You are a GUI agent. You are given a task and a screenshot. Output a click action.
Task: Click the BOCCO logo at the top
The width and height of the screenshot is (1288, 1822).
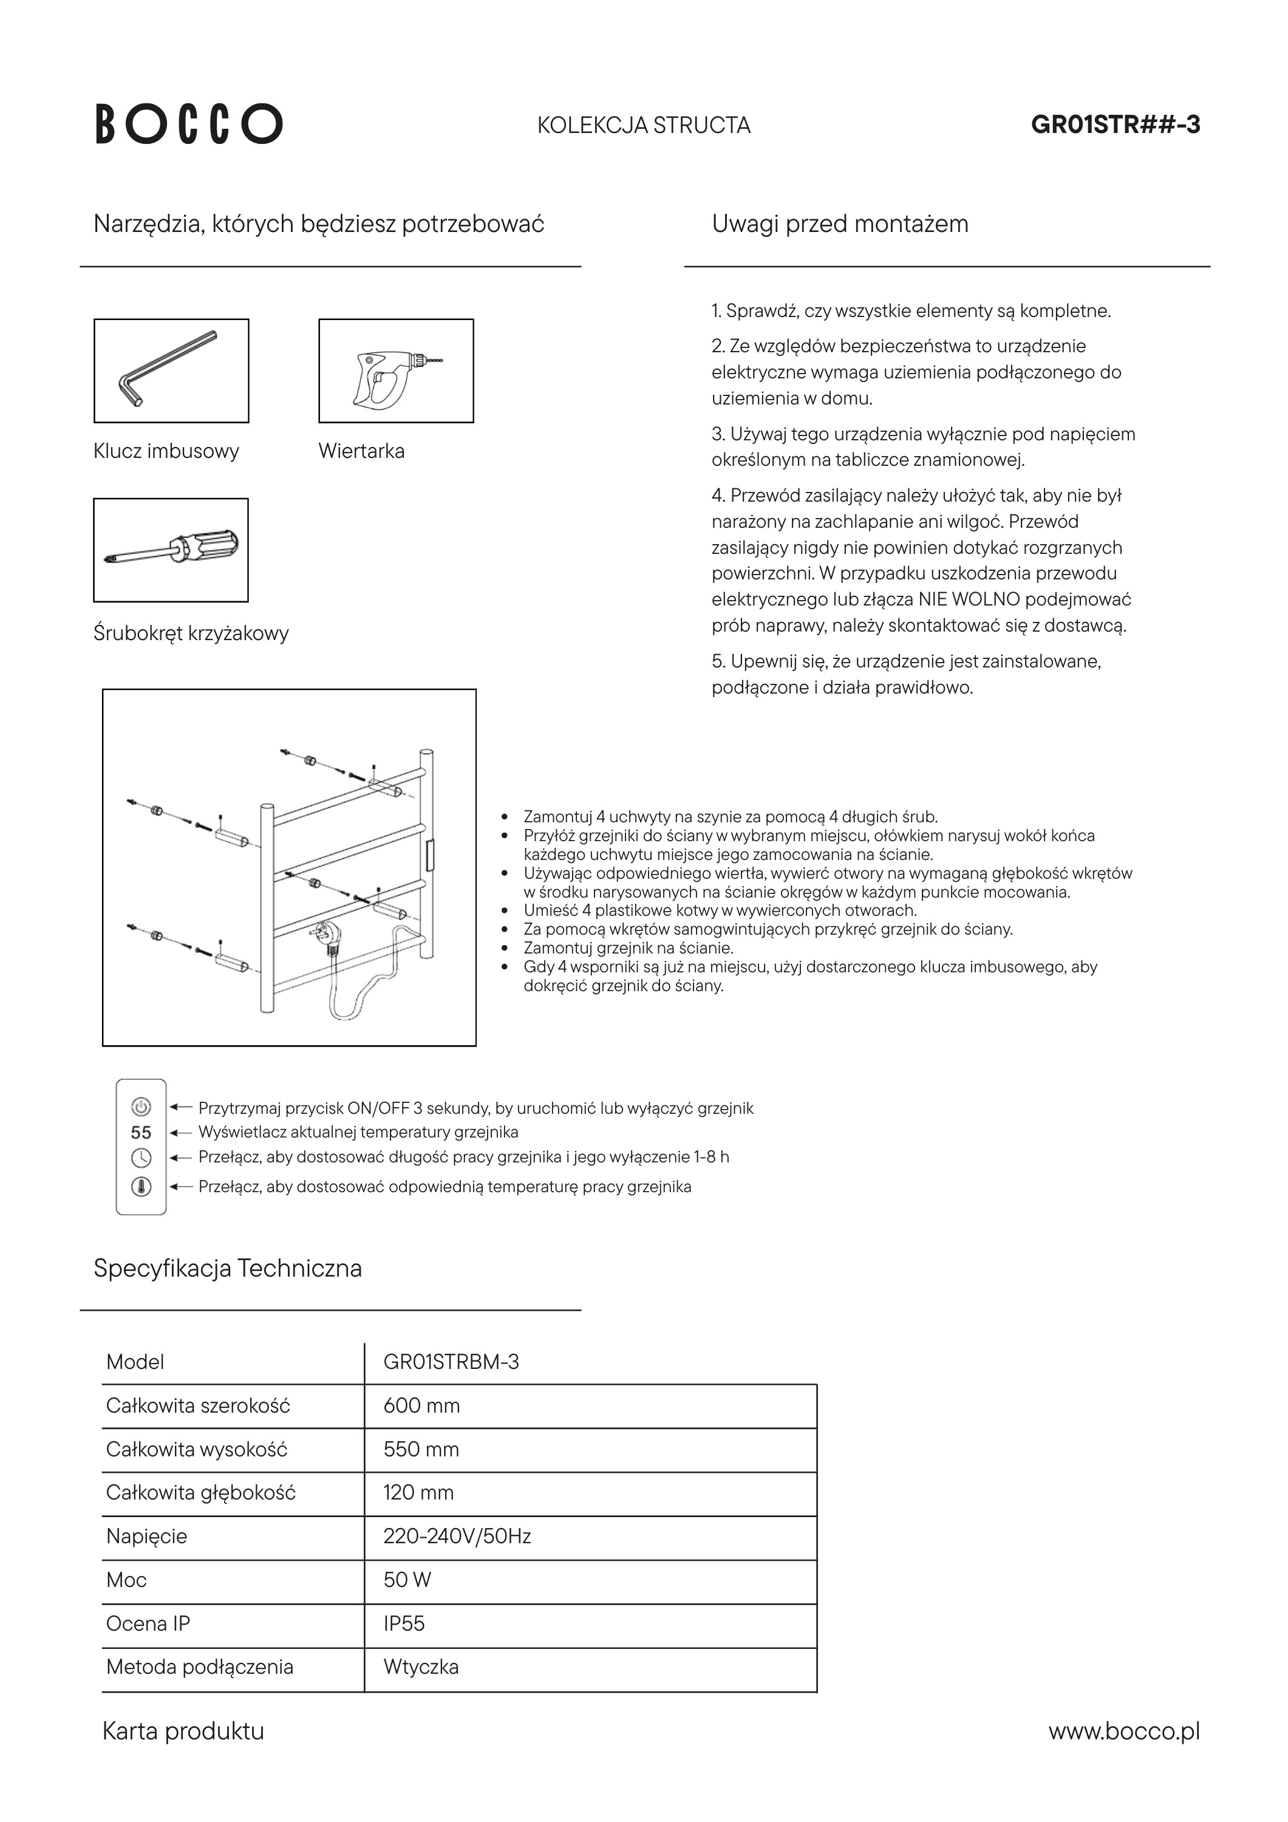point(189,124)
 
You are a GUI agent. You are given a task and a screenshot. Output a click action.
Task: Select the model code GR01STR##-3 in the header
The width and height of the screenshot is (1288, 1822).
point(1115,125)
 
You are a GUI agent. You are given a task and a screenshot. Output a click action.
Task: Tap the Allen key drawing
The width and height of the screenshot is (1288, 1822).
point(171,370)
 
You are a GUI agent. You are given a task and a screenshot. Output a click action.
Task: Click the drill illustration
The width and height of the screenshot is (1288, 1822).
point(395,370)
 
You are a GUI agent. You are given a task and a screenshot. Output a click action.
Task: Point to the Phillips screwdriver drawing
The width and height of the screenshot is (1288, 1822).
point(171,549)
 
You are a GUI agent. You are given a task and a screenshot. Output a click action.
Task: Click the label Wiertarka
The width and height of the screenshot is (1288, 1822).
point(361,451)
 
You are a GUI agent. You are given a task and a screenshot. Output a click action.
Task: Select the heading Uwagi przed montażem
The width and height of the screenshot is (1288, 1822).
point(840,223)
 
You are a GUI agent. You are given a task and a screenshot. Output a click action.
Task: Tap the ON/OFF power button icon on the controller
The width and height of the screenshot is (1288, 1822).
point(141,1106)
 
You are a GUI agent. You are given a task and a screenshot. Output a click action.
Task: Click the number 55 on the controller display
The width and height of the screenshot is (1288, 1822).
point(141,1133)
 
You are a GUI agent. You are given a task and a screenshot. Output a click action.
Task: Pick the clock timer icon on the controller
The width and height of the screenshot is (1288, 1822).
point(141,1157)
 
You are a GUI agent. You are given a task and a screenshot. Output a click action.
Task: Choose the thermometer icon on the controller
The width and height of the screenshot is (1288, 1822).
point(141,1187)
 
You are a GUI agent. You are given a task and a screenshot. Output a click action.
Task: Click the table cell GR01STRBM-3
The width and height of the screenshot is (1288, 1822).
point(451,1362)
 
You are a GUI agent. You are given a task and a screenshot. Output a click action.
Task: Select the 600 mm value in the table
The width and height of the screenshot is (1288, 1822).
point(421,1405)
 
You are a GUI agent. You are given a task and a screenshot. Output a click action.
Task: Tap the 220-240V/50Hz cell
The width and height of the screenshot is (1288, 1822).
point(457,1537)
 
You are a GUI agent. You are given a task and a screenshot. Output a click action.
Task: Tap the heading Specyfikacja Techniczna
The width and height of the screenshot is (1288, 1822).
point(228,1268)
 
